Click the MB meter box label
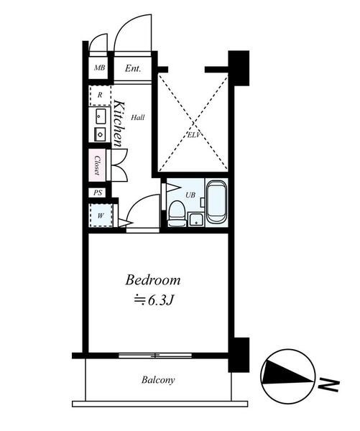100,68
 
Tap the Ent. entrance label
133,68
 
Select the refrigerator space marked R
100,96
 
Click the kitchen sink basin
101,116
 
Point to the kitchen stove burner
101,134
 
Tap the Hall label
137,118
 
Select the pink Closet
97,165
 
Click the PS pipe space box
98,193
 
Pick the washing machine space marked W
101,215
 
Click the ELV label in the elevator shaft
194,135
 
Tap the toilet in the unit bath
176,213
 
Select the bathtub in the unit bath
217,202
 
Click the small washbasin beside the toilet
196,219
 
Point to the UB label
190,195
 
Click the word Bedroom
153,280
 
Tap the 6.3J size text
160,301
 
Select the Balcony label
158,380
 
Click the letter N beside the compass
328,385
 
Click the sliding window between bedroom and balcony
155,356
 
